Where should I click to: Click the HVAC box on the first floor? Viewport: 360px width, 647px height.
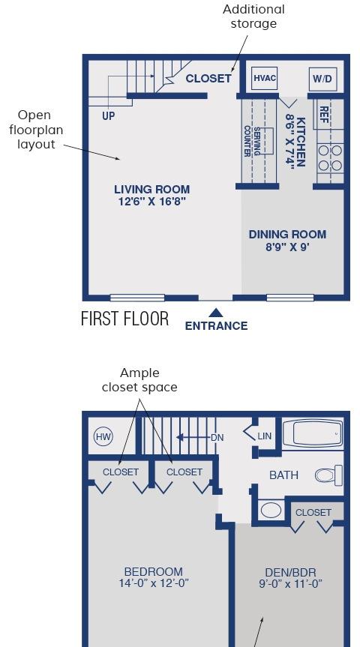pos(264,79)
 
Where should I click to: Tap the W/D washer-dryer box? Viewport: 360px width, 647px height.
pos(322,79)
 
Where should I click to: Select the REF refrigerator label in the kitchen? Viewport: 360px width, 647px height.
pos(324,112)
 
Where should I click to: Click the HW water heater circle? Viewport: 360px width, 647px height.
pos(103,437)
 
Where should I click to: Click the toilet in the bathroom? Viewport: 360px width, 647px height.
pos(329,475)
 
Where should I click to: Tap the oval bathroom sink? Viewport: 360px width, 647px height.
pos(271,510)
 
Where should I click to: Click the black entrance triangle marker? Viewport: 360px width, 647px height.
pos(215,313)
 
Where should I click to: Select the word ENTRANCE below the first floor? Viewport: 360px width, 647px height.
pos(216,326)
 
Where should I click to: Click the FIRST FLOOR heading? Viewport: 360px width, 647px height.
pos(124,319)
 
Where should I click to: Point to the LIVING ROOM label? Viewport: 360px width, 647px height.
pos(152,190)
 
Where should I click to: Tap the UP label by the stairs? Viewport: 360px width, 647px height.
pos(109,116)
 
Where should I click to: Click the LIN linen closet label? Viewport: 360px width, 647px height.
pos(264,436)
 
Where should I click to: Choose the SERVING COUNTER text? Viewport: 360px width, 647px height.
pos(252,141)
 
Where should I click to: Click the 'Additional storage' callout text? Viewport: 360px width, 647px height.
pos(253,16)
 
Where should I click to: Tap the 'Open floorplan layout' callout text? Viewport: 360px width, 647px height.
pos(36,130)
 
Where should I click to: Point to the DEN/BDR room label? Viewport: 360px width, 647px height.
pos(291,572)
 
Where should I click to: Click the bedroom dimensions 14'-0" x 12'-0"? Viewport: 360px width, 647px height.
pos(154,583)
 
